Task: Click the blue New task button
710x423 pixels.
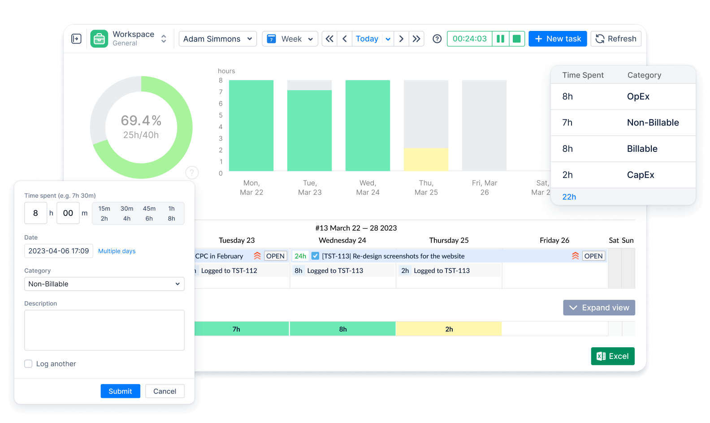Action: (x=558, y=39)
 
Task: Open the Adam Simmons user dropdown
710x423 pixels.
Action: (x=217, y=39)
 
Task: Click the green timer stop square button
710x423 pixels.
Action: (x=516, y=39)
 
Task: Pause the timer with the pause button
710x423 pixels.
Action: (x=500, y=39)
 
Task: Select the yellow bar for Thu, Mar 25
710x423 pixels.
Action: (x=426, y=160)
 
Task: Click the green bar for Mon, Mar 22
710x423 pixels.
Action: (x=251, y=125)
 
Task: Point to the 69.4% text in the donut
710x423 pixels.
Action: (x=141, y=121)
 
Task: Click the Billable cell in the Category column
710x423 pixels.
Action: (x=642, y=149)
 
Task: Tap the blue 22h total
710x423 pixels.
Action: (x=569, y=197)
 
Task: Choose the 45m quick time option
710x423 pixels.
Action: (x=149, y=209)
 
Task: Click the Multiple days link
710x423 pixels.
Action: (x=117, y=251)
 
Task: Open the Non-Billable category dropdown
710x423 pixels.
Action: (x=104, y=284)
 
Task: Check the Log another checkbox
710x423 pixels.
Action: (x=28, y=364)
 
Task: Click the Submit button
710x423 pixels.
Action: (x=120, y=391)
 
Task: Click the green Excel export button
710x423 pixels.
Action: (x=612, y=356)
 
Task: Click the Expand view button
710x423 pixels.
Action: (x=599, y=308)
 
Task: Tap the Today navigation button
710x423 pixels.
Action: (x=367, y=39)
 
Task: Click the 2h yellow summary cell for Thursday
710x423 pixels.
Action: (x=449, y=329)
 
